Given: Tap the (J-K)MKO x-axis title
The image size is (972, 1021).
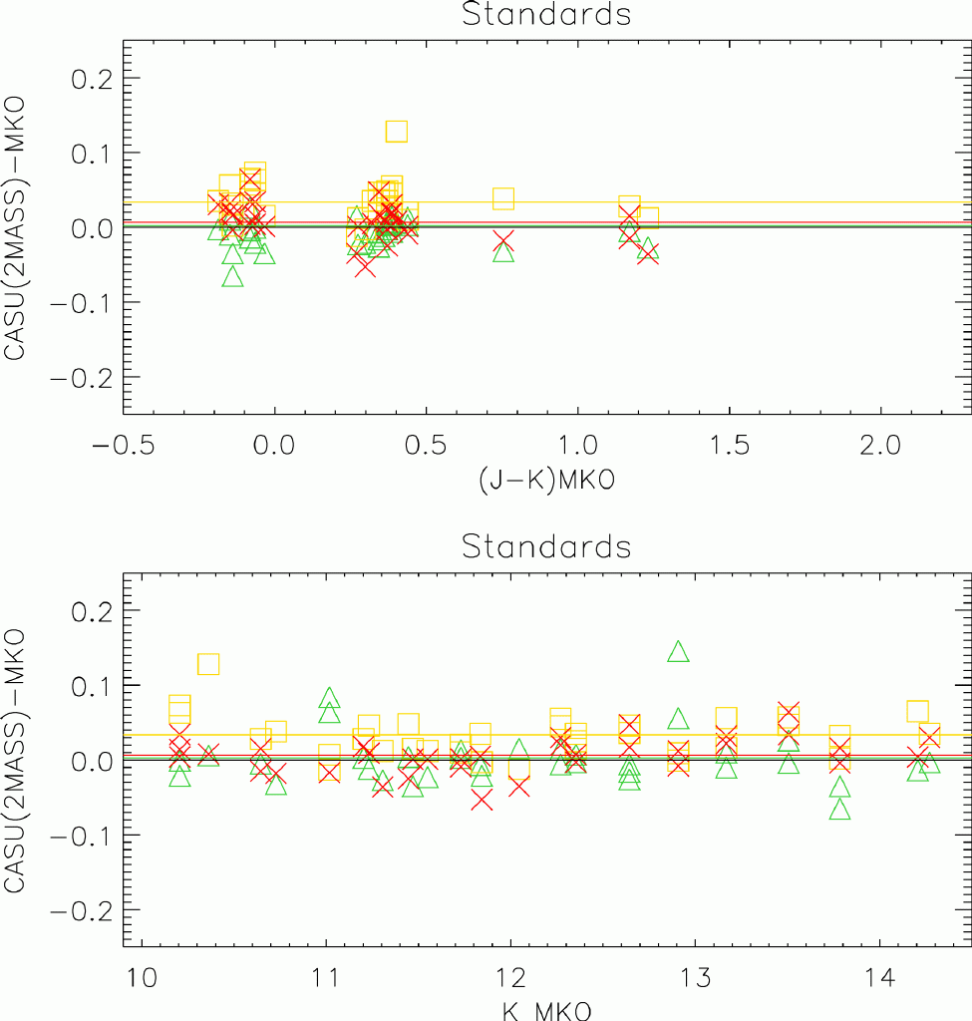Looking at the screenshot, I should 546,481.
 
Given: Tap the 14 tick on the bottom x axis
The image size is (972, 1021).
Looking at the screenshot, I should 878,973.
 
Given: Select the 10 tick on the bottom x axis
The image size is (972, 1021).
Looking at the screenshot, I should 143,973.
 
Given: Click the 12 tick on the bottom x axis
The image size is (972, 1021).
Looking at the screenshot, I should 510,973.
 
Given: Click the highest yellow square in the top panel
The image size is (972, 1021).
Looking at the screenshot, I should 397,131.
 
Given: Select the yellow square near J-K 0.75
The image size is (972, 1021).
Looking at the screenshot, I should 503,198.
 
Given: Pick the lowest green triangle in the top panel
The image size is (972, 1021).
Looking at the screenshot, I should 233,276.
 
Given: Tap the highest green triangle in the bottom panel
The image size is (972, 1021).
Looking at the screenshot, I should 679,651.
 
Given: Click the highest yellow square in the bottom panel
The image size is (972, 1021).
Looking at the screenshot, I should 208,664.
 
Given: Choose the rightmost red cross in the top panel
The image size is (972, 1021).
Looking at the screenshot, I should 648,251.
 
